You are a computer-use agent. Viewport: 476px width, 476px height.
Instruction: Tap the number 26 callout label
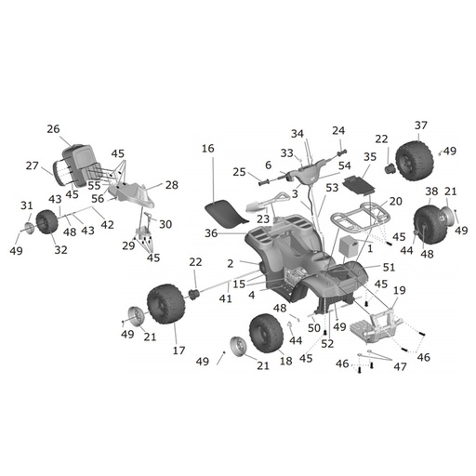[x=53, y=129]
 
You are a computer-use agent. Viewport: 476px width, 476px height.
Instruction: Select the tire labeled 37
[x=414, y=161]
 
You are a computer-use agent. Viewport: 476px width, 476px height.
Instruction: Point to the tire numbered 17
[x=166, y=304]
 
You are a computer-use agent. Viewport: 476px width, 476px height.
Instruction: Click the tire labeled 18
[x=266, y=334]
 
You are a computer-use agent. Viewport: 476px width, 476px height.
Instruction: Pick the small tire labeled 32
[x=46, y=222]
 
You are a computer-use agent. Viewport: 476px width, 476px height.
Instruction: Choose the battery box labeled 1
[x=349, y=245]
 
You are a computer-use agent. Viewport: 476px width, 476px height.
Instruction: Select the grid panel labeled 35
[x=359, y=185]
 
